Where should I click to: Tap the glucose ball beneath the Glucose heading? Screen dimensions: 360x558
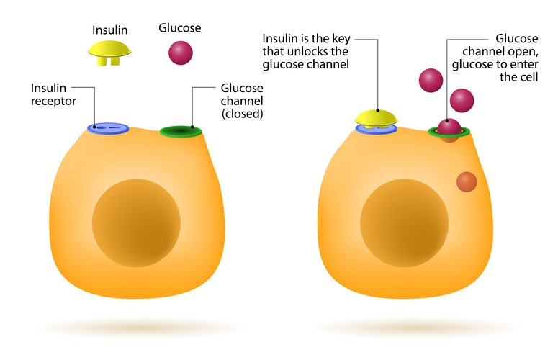[x=181, y=53]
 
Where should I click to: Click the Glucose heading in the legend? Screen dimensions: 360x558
[x=179, y=28]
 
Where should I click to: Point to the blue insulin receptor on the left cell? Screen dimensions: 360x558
[x=108, y=128]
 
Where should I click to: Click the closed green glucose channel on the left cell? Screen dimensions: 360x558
[x=181, y=131]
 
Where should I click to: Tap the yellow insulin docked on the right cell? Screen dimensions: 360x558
[x=377, y=117]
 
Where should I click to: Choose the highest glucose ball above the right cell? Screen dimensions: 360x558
[x=431, y=80]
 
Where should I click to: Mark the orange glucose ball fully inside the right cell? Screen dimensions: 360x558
[x=466, y=181]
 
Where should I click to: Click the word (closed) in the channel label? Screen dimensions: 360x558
[x=242, y=114]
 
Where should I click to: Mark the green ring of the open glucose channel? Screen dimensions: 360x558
[x=433, y=132]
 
